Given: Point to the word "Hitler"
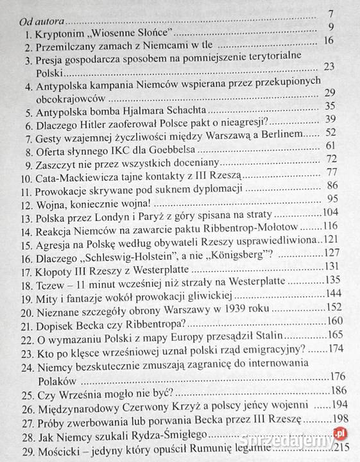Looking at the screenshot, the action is point(97,121).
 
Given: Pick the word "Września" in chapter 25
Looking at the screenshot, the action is point(80,409).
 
